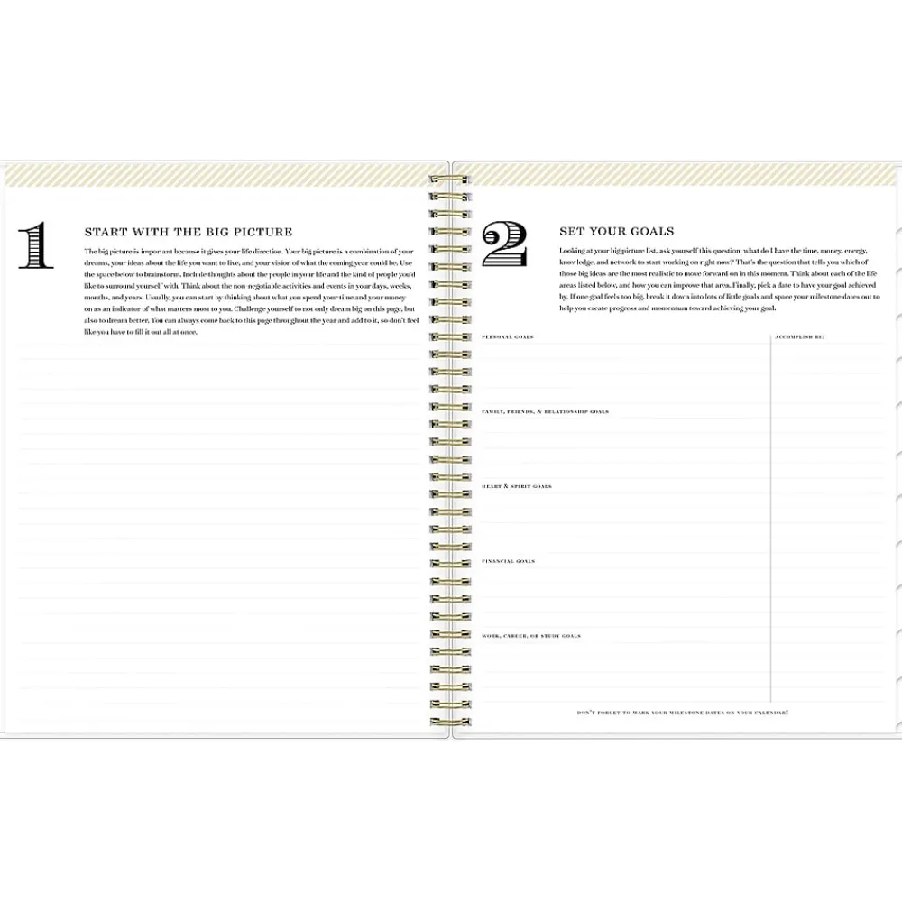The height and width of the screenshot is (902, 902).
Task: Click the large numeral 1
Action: [x=36, y=246]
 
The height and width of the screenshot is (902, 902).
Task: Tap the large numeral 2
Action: [x=504, y=245]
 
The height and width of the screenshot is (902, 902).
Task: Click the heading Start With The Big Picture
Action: [x=188, y=232]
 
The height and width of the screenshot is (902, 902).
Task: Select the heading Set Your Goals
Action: [x=616, y=232]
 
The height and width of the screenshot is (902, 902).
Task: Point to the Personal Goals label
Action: [x=508, y=337]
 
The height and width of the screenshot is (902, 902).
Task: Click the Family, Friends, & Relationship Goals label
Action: [x=546, y=411]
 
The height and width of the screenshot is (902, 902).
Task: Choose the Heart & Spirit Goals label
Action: [x=517, y=486]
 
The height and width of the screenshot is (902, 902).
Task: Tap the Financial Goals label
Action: [x=509, y=561]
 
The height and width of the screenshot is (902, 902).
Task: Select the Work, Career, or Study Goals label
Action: [x=531, y=636]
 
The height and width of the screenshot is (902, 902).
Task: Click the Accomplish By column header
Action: [x=799, y=337]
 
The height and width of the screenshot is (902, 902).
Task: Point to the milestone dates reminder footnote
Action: [x=683, y=713]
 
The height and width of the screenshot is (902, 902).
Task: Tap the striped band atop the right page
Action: [x=676, y=174]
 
